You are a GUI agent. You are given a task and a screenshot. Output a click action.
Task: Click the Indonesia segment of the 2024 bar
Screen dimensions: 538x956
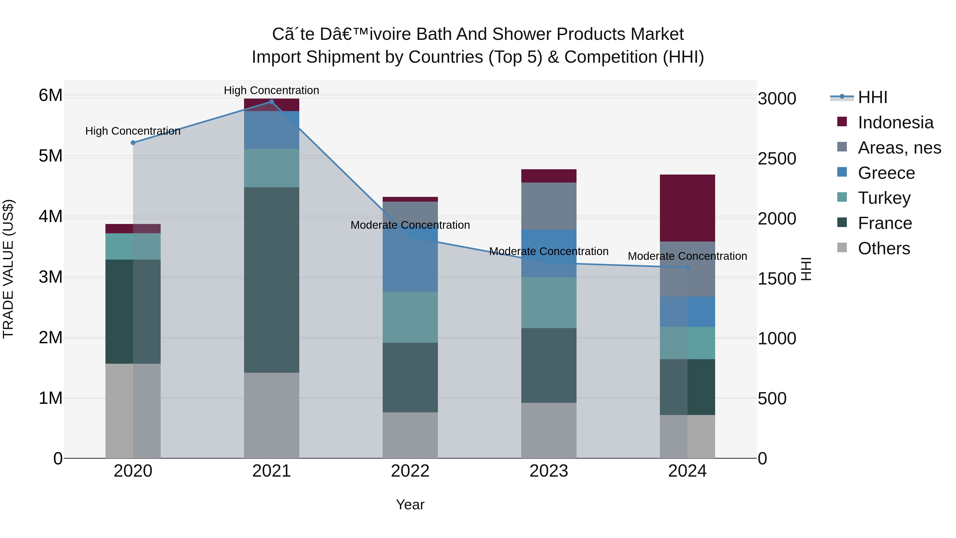(x=687, y=208)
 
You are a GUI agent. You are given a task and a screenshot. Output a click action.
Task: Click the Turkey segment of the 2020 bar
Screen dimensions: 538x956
(x=133, y=246)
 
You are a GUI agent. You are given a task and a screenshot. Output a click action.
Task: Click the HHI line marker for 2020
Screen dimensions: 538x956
(x=133, y=143)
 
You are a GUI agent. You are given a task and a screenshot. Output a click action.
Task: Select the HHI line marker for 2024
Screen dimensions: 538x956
(x=687, y=267)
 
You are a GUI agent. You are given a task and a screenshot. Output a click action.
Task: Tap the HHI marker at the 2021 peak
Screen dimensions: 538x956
(x=271, y=102)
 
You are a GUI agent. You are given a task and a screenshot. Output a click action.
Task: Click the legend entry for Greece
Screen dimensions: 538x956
(x=886, y=173)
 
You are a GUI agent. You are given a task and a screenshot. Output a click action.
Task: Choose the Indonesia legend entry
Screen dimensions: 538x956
(x=895, y=122)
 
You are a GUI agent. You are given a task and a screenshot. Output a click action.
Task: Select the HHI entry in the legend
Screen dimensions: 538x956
(x=872, y=97)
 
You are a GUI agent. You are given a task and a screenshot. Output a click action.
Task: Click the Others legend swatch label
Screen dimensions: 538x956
(x=884, y=248)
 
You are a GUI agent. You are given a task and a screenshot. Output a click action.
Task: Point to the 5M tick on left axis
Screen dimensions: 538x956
(x=50, y=156)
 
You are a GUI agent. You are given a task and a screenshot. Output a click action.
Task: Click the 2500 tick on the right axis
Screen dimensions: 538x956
(x=777, y=159)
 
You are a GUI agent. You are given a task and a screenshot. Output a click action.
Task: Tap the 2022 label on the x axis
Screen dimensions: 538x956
(x=410, y=471)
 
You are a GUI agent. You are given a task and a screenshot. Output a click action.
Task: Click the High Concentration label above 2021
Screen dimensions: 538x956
(x=271, y=90)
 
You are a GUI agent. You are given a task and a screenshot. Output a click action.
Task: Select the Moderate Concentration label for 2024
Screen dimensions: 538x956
(x=687, y=256)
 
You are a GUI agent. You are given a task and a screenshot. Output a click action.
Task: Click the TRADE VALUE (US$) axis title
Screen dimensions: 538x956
(x=8, y=269)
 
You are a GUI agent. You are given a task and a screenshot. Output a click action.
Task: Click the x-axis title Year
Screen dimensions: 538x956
(x=410, y=505)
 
